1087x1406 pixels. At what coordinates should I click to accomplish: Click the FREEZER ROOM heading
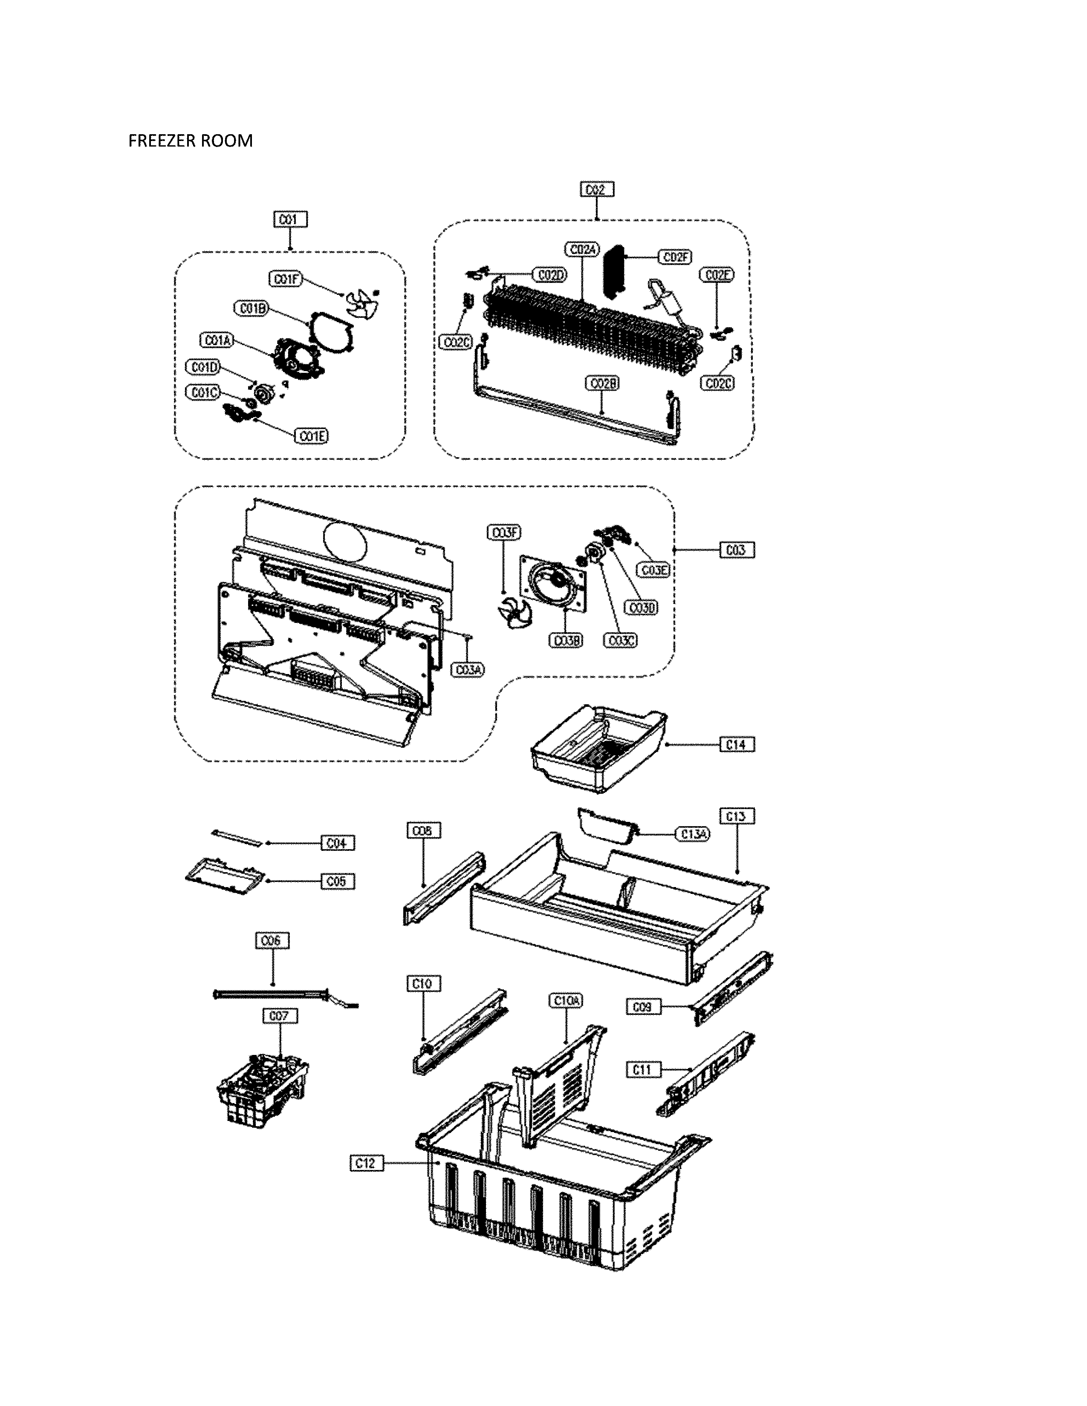pos(190,140)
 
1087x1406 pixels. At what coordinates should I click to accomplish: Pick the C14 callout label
pos(736,744)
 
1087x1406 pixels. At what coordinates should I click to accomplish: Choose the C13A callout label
pos(693,834)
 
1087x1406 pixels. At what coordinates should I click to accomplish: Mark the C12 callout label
pos(367,1163)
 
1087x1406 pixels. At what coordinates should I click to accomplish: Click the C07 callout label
pos(280,1016)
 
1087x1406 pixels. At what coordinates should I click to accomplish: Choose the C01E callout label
pos(312,436)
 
